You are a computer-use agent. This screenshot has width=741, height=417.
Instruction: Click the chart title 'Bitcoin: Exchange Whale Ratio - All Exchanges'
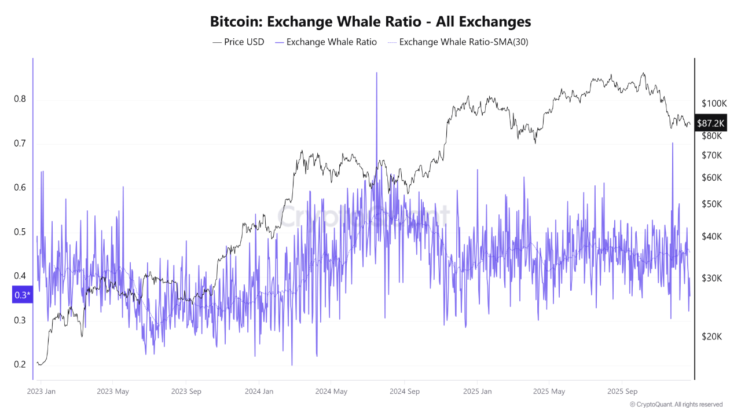click(x=370, y=22)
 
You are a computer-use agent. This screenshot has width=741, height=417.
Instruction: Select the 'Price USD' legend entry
click(x=238, y=42)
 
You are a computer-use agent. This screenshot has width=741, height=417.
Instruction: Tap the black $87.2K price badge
click(x=711, y=123)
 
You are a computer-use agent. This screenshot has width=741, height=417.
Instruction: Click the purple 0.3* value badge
click(x=22, y=295)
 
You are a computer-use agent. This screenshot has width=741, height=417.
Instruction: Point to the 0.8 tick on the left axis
click(x=20, y=99)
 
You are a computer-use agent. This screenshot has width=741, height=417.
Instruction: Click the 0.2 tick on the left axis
click(x=20, y=364)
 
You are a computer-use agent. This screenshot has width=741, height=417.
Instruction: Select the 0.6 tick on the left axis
click(x=20, y=187)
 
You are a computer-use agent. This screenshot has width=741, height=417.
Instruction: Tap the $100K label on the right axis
click(x=714, y=104)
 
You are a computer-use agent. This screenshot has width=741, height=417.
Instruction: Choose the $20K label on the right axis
click(x=711, y=336)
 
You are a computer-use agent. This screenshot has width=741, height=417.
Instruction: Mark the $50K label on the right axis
click(x=711, y=204)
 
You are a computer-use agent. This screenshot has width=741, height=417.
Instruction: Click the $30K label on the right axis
click(x=711, y=278)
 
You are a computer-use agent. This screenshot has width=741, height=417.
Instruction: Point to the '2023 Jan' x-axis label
click(x=41, y=392)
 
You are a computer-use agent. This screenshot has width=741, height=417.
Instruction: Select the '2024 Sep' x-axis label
click(x=405, y=392)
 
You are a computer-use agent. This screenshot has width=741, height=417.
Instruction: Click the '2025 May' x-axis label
click(x=551, y=392)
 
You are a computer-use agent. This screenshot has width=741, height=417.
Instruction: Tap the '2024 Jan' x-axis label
click(x=259, y=392)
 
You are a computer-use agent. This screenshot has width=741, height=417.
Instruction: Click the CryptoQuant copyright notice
click(x=676, y=404)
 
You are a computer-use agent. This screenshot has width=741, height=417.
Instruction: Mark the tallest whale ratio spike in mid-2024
click(x=377, y=74)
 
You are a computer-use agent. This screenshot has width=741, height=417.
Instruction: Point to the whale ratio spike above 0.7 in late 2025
click(x=672, y=144)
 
